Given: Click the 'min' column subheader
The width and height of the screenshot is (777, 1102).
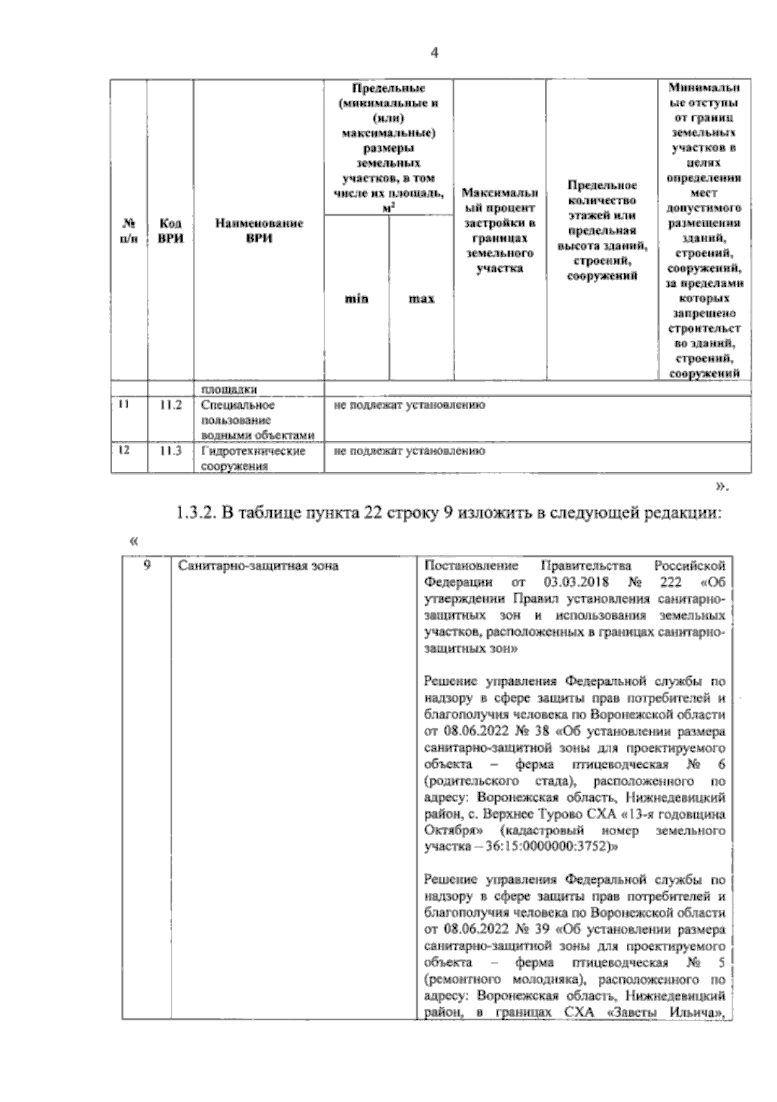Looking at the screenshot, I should point(356,298).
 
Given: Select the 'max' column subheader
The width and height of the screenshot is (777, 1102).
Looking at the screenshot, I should point(421,298).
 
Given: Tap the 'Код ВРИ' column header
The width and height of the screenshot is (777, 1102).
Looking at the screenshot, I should point(170,231).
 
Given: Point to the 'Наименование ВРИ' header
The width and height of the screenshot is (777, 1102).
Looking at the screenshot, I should point(258,231).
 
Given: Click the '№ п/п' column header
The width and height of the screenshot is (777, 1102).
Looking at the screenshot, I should point(129,231).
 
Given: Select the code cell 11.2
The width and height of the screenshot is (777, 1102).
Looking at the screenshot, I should point(171,406).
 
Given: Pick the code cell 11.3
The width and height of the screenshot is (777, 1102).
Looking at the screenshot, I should point(171,451).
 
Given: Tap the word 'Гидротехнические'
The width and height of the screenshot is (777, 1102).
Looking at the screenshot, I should point(253,451).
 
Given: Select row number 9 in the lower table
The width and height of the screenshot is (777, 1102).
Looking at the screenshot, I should point(147,565).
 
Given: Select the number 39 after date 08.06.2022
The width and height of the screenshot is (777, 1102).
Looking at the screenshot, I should point(544,930).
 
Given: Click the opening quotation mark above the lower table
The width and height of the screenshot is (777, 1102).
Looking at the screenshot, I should point(134,539).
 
